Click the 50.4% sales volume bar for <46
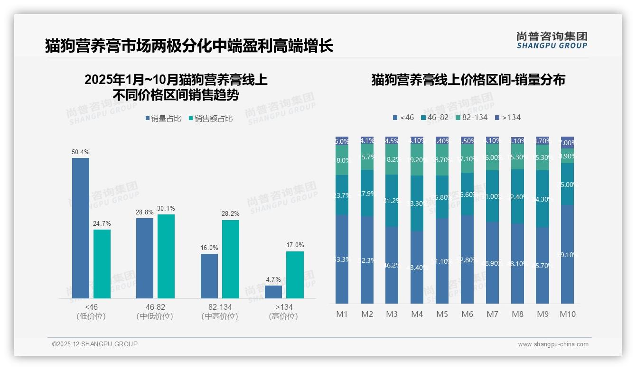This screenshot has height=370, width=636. (x=81, y=228)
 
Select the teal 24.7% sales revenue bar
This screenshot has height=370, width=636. (x=102, y=264)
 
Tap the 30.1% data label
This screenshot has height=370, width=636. (x=166, y=208)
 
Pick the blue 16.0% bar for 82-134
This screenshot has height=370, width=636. (x=209, y=276)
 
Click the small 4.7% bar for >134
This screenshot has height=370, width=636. (x=273, y=292)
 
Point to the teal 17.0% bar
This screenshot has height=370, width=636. (x=295, y=275)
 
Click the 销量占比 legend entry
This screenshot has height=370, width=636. (x=163, y=119)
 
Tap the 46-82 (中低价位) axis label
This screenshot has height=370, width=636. (x=155, y=312)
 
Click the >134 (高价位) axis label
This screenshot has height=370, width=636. (x=283, y=312)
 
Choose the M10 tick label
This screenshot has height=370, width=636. (x=567, y=314)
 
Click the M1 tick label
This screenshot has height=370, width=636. (x=342, y=314)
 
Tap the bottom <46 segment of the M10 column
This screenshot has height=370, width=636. (x=567, y=254)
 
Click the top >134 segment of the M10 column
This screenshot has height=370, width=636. (x=567, y=142)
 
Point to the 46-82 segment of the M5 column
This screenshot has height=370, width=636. (x=442, y=197)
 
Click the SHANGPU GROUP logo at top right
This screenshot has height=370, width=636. (x=552, y=40)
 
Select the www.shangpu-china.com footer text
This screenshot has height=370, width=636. (x=553, y=344)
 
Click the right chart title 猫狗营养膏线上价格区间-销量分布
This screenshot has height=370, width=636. (x=468, y=80)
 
